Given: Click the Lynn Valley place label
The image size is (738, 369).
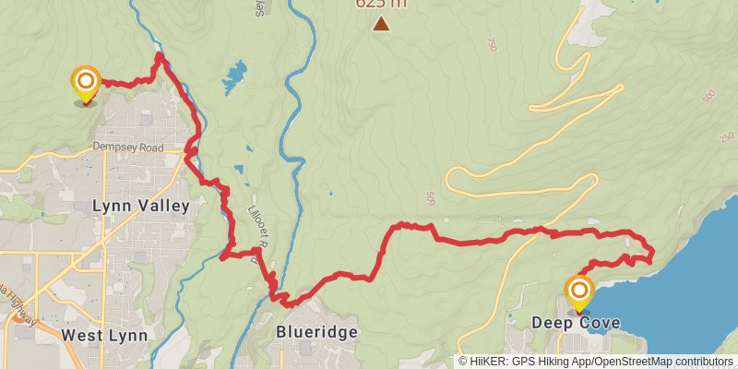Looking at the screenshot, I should click(x=141, y=206).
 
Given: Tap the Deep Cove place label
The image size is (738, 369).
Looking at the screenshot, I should click(x=576, y=323).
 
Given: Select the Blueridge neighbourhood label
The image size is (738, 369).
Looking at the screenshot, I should click(x=315, y=332).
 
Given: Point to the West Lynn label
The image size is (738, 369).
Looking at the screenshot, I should click(x=104, y=335).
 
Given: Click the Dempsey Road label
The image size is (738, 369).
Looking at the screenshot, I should click(x=127, y=148).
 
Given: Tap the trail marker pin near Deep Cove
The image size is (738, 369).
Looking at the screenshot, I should click(x=579, y=293).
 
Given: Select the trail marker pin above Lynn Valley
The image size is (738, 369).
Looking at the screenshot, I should click(x=86, y=83).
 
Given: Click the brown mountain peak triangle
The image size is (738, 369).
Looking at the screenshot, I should click(x=381, y=23).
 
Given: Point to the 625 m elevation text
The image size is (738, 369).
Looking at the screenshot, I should click(x=380, y=4).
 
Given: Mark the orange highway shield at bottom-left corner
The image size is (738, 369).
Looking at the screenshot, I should click(x=18, y=316).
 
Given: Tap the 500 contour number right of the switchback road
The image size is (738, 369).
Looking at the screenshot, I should click(x=432, y=199).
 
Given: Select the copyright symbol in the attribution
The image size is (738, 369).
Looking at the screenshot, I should click(x=463, y=361).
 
